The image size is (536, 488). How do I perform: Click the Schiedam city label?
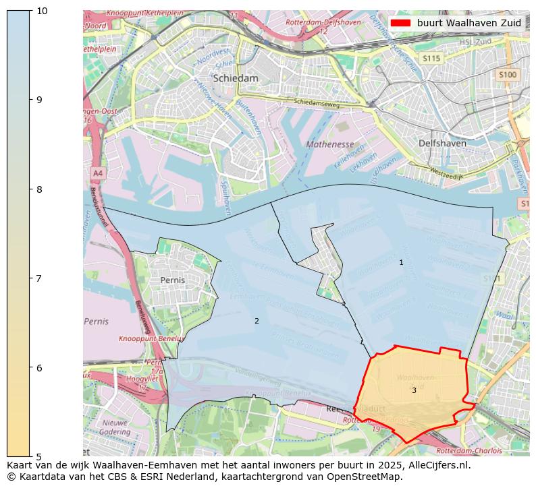coord(236,78)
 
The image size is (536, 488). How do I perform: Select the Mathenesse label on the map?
coord(330,144)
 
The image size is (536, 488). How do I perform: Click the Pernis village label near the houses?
coord(173,280)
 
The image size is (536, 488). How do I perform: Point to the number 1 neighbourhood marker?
coord(401,262)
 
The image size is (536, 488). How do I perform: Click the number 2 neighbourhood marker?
coord(257,321)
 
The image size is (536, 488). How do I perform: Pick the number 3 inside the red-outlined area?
coord(414,390)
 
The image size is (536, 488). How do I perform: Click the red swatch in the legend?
coord(400,23)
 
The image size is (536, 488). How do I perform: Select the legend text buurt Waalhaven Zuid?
coord(468,23)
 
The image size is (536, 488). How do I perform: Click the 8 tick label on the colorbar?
coord(41,189)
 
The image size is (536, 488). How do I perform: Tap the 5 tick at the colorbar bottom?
coord(41,456)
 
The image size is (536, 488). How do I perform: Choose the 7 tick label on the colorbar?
coord(41,278)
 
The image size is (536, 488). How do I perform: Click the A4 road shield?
coord(98,173)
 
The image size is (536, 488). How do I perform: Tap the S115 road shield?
coord(431,59)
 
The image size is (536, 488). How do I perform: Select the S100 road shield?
coord(507,75)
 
